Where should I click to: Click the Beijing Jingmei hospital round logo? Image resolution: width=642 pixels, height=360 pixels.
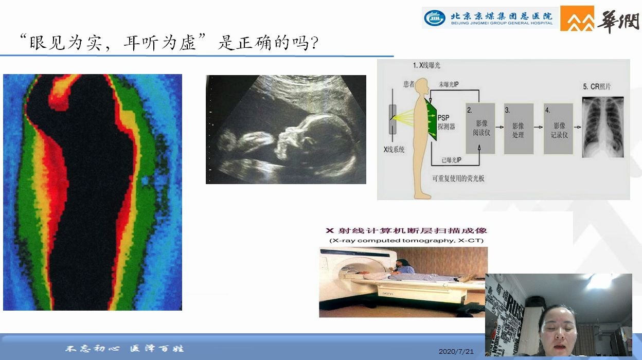pyautogui.click(x=435, y=18)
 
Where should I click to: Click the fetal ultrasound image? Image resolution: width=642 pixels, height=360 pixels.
pyautogui.click(x=286, y=130)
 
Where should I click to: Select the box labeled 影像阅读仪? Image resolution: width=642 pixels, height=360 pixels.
pyautogui.click(x=480, y=128)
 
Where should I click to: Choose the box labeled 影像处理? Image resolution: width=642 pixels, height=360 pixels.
pyautogui.click(x=518, y=128)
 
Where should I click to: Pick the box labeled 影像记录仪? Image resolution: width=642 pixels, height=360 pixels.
pyautogui.click(x=558, y=128)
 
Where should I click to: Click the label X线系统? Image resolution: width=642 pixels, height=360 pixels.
pyautogui.click(x=395, y=150)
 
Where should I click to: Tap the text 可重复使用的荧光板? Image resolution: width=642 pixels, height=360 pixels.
pyautogui.click(x=458, y=178)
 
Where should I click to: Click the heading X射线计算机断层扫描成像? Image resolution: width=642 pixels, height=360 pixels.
pyautogui.click(x=406, y=231)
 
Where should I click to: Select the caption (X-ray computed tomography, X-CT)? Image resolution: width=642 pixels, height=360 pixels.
pyautogui.click(x=406, y=241)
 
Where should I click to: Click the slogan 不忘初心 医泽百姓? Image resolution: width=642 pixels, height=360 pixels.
pyautogui.click(x=124, y=349)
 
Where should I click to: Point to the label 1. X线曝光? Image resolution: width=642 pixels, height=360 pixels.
pyautogui.click(x=426, y=66)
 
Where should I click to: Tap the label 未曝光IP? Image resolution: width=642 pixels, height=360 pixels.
pyautogui.click(x=451, y=83)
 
